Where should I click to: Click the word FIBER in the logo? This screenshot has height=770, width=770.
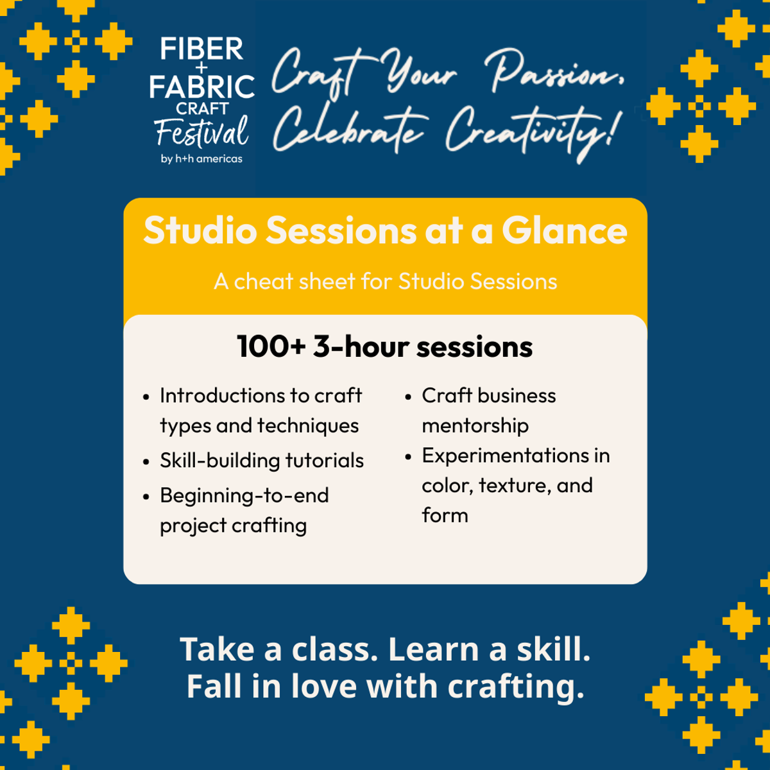(x=201, y=49)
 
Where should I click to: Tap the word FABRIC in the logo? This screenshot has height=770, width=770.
(x=201, y=87)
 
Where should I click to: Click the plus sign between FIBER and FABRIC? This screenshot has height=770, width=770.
(x=201, y=67)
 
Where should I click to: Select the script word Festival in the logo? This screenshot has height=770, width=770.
(x=201, y=131)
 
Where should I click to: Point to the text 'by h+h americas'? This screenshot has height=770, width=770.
(x=201, y=158)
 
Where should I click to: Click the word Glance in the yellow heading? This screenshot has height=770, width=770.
(x=564, y=230)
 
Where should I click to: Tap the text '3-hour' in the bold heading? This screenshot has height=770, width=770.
(x=361, y=346)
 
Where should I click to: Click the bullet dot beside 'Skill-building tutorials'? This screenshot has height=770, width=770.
(x=146, y=461)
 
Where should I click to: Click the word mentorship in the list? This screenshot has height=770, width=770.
(x=475, y=426)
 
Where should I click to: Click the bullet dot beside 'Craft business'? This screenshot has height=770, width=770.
(x=408, y=397)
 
